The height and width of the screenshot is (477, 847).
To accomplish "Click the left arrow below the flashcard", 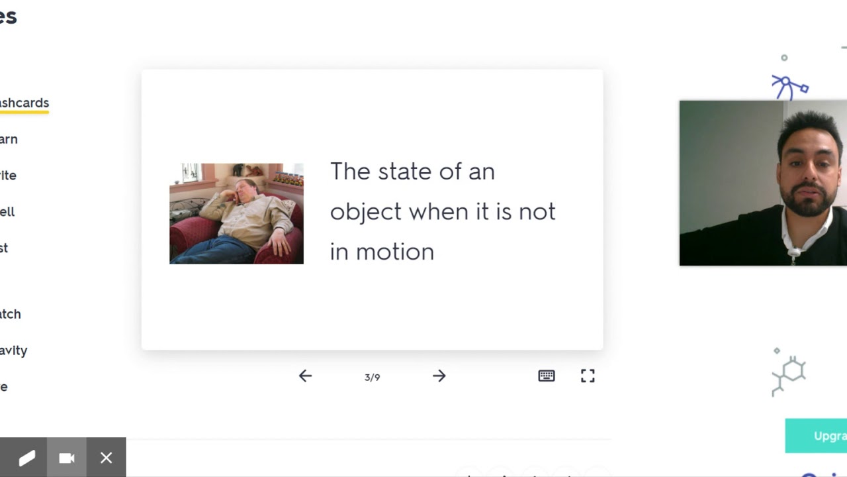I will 305,376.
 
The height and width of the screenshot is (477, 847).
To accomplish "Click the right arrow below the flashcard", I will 439,376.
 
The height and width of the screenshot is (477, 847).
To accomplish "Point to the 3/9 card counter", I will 372,378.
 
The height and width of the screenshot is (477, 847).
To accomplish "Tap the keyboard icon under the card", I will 547,376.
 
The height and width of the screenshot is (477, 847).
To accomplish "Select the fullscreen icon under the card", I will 588,376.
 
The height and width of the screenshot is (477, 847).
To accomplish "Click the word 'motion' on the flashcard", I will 395,252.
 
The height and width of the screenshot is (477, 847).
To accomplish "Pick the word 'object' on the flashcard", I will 365,213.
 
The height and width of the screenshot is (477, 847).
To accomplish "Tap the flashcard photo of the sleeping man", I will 236,213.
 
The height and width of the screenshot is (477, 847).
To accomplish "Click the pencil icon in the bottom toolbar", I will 26,458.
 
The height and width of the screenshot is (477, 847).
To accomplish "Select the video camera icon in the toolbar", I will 66,458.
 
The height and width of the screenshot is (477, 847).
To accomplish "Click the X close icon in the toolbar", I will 106,458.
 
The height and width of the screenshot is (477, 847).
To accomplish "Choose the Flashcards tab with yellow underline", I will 24,103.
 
